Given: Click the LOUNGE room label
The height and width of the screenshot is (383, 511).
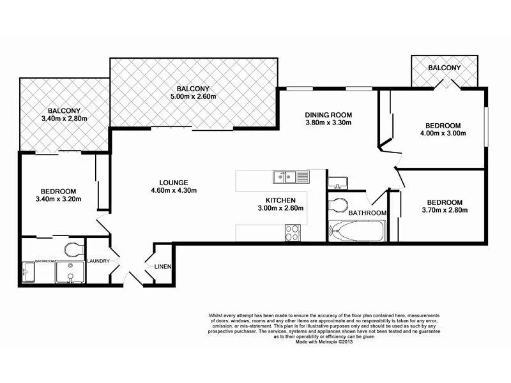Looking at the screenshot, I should pyautogui.click(x=172, y=181).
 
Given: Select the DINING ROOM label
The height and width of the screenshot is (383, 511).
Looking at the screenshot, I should pyautogui.click(x=328, y=115).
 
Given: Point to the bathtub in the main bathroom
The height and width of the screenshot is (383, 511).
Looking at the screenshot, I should pyautogui.click(x=356, y=230).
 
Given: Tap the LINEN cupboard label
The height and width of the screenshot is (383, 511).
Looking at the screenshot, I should pyautogui.click(x=162, y=266).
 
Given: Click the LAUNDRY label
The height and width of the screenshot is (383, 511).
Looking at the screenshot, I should pyautogui.click(x=100, y=260).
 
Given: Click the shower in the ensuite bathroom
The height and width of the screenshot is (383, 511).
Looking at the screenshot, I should pyautogui.click(x=69, y=274).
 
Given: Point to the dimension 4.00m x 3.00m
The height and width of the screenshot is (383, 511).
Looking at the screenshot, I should pyautogui.click(x=446, y=133).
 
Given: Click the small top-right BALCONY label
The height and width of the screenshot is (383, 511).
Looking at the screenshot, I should pyautogui.click(x=444, y=68).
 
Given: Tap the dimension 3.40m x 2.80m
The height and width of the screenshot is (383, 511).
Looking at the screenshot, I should pyautogui.click(x=64, y=118).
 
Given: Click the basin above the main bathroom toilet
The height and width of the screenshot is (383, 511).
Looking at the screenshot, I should pyautogui.click(x=338, y=182).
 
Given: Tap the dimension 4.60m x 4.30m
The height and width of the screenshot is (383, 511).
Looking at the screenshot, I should pyautogui.click(x=173, y=190).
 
